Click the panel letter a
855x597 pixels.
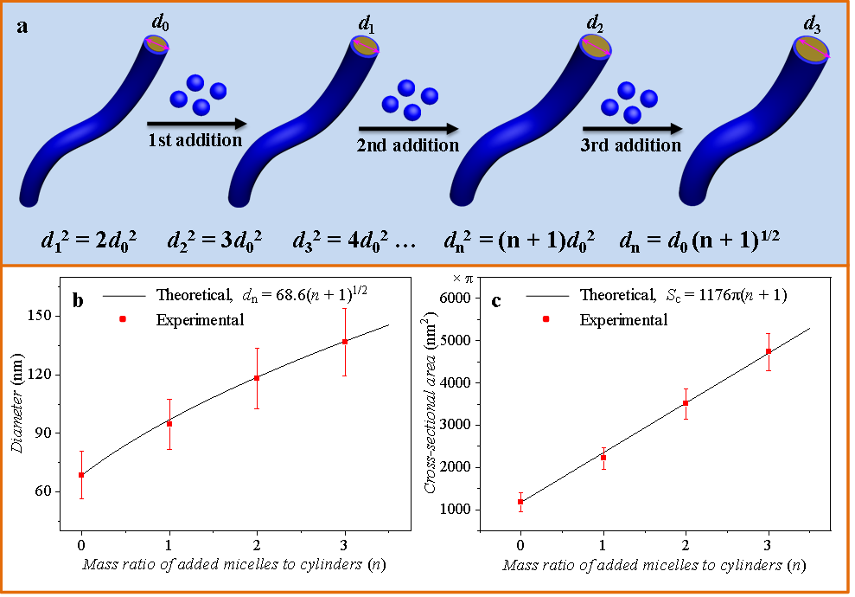click(22, 26)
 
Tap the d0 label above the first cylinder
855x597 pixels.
click(160, 22)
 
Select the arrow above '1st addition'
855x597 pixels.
click(197, 124)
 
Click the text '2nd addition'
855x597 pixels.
click(408, 145)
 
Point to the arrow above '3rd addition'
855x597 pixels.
click(633, 129)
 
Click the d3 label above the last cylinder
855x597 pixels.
click(812, 25)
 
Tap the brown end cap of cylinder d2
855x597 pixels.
click(595, 47)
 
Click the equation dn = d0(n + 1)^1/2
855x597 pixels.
click(699, 241)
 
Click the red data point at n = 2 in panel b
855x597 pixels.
click(257, 377)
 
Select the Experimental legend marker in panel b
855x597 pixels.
click(123, 319)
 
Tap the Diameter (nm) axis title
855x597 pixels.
click(17, 402)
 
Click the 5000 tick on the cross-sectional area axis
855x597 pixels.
click(456, 341)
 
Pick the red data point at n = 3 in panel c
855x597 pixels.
click(769, 351)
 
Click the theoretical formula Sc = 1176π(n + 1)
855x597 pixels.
click(726, 295)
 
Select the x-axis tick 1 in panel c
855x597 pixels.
click(603, 545)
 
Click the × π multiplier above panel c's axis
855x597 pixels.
click(463, 279)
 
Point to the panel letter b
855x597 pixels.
click(78, 301)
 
